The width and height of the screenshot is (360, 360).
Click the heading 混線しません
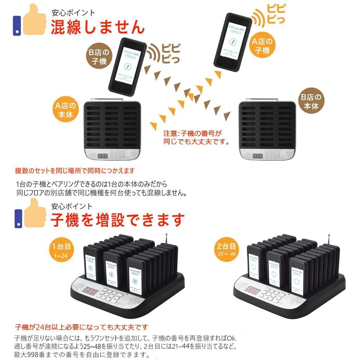97,27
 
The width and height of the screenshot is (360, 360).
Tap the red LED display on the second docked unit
252,290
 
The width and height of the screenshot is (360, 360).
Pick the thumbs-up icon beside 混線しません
30,20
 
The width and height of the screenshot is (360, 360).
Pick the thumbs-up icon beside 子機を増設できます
30,213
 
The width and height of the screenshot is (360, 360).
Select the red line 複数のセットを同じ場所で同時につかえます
75,171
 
